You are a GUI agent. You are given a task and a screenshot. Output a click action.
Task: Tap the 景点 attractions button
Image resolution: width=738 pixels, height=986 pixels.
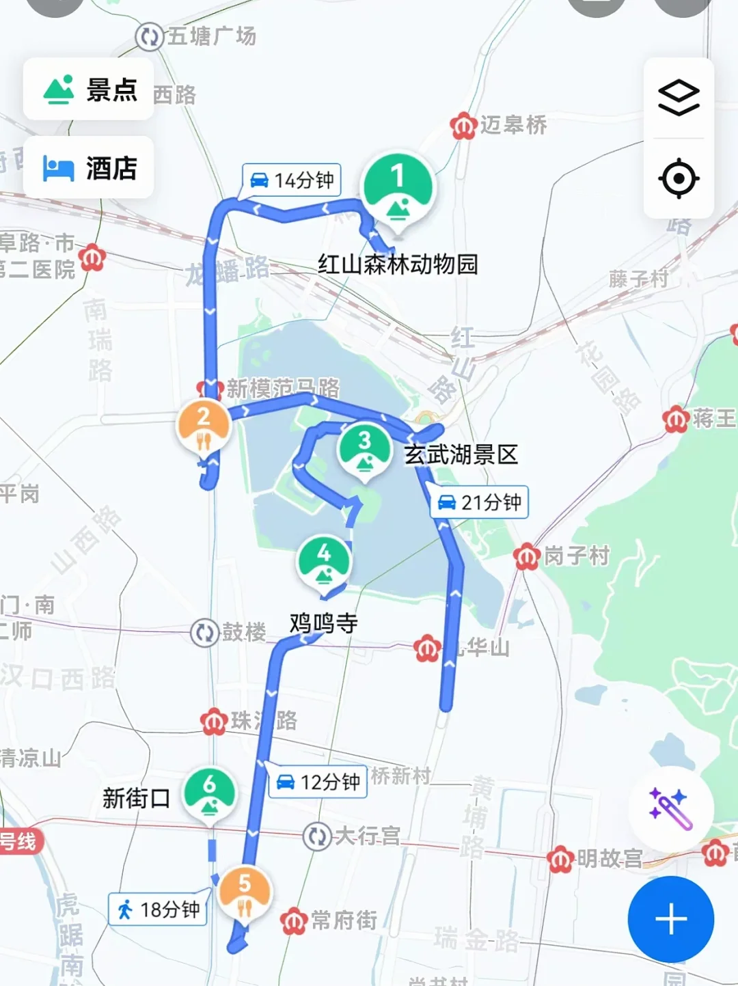tap(89, 90)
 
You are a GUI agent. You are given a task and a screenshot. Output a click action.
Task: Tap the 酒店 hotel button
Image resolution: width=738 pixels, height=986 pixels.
tap(89, 167)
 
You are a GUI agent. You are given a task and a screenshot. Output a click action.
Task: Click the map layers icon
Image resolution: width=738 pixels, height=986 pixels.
tap(679, 98)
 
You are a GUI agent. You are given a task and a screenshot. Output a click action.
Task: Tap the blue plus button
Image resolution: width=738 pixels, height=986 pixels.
tap(671, 919)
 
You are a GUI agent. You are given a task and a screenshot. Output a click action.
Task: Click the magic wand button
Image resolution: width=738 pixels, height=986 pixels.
tap(670, 808)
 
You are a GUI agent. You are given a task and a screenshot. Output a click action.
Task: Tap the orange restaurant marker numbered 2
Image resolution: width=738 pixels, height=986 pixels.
tap(204, 426)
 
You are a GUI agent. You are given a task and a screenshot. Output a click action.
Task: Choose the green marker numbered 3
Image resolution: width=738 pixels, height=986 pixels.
tap(365, 449)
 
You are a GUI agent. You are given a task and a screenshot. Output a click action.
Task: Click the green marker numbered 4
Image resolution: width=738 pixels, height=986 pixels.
tap(324, 561)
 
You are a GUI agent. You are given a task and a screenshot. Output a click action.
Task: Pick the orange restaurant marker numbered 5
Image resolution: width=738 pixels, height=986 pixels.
tap(245, 892)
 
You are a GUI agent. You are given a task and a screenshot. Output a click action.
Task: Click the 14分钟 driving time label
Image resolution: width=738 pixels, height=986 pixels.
tap(292, 180)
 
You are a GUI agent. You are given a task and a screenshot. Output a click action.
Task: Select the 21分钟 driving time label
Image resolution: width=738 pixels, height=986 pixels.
tap(479, 503)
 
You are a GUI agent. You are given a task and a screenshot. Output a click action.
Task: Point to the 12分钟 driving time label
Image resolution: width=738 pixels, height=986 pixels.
tap(318, 782)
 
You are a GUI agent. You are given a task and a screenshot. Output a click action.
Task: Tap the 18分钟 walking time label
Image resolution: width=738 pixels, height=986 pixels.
tap(159, 909)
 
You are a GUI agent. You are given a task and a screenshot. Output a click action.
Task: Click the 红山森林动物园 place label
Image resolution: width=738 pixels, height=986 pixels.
tap(398, 264)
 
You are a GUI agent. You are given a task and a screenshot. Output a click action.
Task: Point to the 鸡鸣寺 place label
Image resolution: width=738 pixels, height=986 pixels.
tap(324, 623)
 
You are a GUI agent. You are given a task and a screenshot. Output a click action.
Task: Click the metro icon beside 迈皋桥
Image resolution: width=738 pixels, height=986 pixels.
tap(463, 126)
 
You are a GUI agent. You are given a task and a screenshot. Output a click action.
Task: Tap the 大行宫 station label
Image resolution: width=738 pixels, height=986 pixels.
tap(367, 835)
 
